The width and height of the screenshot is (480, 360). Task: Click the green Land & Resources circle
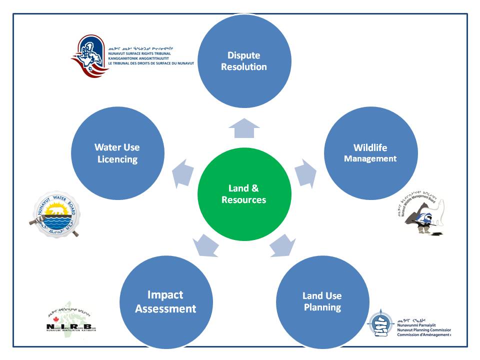point(244,194)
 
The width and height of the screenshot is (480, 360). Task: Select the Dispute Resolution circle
point(244,61)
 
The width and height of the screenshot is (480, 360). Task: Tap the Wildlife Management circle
point(370,152)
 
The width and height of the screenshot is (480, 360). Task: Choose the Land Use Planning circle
point(322,301)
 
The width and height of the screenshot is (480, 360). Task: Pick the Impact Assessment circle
point(165,301)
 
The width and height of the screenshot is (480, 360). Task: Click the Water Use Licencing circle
point(117,153)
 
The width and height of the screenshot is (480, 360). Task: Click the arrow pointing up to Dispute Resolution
point(244,128)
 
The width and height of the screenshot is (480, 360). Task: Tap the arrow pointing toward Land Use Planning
point(282,246)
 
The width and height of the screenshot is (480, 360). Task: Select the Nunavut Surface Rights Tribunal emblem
point(90,55)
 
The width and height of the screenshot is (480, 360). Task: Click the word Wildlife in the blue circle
point(370,147)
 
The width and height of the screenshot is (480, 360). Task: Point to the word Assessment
point(165,308)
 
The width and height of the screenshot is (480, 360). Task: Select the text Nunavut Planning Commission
point(423,330)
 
